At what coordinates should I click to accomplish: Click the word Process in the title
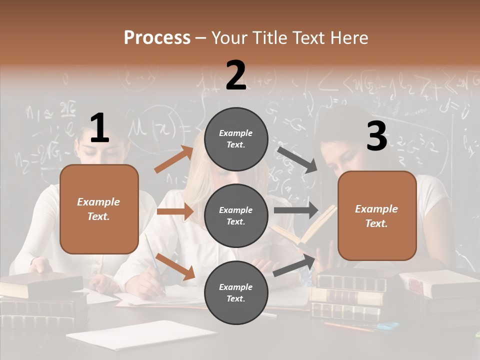[157, 37]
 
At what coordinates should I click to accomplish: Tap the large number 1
[99, 128]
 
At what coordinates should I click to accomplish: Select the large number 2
[236, 75]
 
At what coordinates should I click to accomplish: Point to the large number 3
[376, 136]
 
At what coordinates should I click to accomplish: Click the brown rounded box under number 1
[99, 209]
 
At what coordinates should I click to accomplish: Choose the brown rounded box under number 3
[377, 216]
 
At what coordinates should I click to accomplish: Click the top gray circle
[236, 139]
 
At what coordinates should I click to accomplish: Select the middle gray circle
[236, 216]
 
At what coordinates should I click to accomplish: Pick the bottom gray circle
[236, 293]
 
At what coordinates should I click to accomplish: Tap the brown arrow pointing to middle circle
[175, 211]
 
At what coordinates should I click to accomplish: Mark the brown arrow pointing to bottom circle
[175, 266]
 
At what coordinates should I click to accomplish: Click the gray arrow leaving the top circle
[297, 159]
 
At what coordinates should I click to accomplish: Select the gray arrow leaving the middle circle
[296, 210]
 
